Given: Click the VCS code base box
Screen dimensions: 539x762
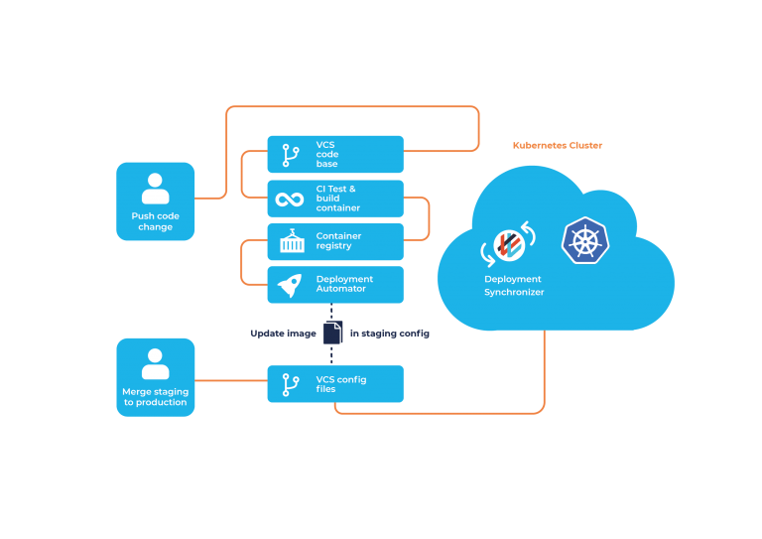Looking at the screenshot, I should coord(335,155).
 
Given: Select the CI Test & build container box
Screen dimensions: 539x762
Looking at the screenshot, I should coord(335,199).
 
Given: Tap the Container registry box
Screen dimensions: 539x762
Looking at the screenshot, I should coord(335,241).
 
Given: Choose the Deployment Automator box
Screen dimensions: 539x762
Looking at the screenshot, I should coord(335,284).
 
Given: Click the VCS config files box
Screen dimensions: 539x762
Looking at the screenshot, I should coord(335,384).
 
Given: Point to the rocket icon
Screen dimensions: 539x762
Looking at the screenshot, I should coord(290,286).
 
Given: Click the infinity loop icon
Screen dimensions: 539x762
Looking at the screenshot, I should coord(290,200).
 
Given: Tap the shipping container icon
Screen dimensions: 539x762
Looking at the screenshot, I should coord(291,241).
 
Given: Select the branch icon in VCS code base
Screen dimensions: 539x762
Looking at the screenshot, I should coord(291,155).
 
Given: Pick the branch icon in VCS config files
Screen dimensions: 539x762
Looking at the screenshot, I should coord(291,384).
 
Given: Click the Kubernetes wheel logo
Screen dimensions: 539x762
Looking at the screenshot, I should coord(585,241).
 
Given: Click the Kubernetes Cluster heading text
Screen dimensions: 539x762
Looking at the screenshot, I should coord(558,146).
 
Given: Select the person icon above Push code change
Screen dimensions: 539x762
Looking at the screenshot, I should coord(155,189).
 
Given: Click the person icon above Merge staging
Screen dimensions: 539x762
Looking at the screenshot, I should coord(155,363).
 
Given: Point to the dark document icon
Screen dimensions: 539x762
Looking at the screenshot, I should coord(332,333).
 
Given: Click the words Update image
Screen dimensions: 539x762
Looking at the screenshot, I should coord(283,334).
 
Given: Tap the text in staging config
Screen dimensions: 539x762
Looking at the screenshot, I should coord(390,334).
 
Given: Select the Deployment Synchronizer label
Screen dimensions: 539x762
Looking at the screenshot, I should coord(514,286).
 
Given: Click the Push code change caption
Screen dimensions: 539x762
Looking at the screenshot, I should coord(155,221).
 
